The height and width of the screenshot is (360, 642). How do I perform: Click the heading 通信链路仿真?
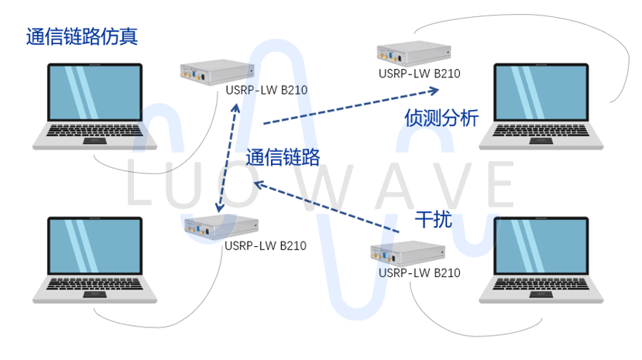86,36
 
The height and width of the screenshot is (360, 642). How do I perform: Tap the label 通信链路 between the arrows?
283,158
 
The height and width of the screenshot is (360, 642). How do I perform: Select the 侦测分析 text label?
441,118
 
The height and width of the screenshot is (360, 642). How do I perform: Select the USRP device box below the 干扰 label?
409,253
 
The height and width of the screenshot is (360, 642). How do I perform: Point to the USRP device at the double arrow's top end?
216,72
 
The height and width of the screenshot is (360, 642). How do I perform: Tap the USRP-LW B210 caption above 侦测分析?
420,74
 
